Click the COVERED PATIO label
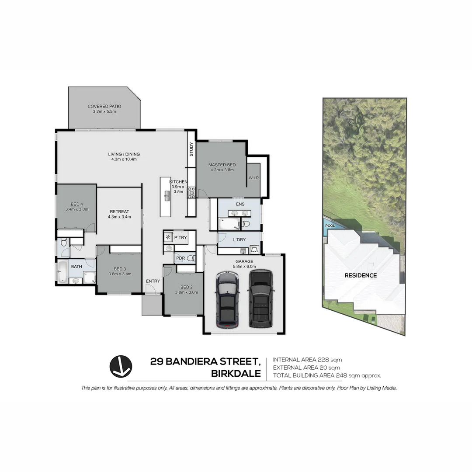pyautogui.click(x=104, y=106)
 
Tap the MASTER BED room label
pyautogui.click(x=222, y=165)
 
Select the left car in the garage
pyautogui.click(x=228, y=299)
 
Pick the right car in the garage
pyautogui.click(x=260, y=298)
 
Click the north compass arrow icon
pyautogui.click(x=121, y=367)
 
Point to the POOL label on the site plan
pyautogui.click(x=330, y=226)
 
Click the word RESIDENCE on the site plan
pyautogui.click(x=361, y=275)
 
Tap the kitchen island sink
pyautogui.click(x=167, y=196)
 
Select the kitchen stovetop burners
pyautogui.click(x=191, y=193)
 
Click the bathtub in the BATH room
pyautogui.click(x=62, y=272)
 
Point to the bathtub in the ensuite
pyautogui.click(x=229, y=224)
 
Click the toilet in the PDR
pyautogui.click(x=191, y=258)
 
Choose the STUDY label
pyautogui.click(x=191, y=149)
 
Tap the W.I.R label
pyautogui.click(x=254, y=178)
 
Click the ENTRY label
pyautogui.click(x=153, y=281)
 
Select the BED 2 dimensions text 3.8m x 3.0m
pyautogui.click(x=187, y=292)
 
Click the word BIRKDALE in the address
pyautogui.click(x=236, y=374)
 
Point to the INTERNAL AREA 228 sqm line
pyautogui.click(x=307, y=360)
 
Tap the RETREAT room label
pyautogui.click(x=119, y=212)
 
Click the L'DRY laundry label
pyautogui.click(x=239, y=239)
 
